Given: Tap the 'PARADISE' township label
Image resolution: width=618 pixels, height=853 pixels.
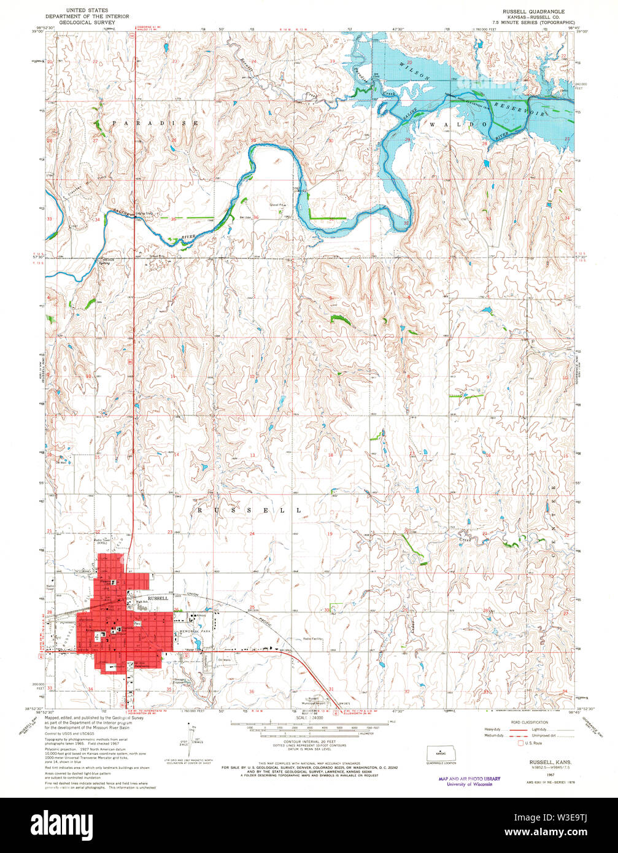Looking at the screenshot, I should tap(155, 123).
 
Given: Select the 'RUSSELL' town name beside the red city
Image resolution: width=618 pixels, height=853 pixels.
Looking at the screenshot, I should tap(158, 598).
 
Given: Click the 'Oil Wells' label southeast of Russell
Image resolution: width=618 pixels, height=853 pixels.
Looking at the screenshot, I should tap(211, 660).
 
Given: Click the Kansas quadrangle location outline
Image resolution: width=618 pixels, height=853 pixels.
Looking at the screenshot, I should tap(437, 752).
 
